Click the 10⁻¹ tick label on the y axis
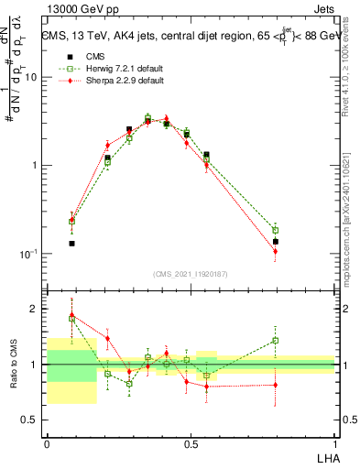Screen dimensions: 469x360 31,254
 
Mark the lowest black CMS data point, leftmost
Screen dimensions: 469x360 71,244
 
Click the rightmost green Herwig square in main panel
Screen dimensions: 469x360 275,230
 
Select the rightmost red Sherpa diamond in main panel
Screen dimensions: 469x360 275,251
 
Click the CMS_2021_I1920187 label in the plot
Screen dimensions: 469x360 191,273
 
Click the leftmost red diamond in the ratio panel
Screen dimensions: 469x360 71,313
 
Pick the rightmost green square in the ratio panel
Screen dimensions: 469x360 275,341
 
